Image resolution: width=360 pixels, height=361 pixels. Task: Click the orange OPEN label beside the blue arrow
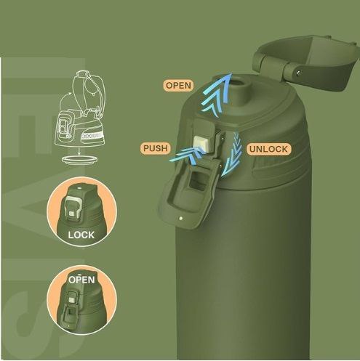point(179,85)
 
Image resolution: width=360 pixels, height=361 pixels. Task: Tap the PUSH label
point(156,148)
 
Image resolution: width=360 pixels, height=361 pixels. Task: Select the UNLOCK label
point(268,149)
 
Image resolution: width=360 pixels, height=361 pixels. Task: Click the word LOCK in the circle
point(81,235)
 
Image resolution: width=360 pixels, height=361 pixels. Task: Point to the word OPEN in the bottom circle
point(81,280)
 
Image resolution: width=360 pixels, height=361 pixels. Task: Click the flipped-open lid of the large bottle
point(307,63)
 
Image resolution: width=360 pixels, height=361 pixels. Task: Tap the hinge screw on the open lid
point(299,72)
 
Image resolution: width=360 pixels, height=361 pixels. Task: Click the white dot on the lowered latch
point(180,219)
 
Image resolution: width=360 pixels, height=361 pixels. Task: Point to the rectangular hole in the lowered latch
point(199,180)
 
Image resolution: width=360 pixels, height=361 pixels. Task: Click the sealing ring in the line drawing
point(80,160)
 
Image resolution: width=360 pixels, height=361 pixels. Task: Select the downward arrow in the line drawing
point(79,150)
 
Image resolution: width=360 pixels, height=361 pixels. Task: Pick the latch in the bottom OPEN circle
point(71,307)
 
